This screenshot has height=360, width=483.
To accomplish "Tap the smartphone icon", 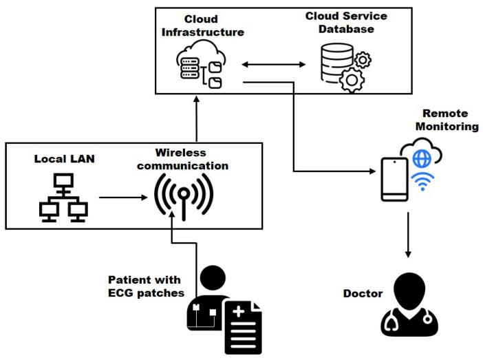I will pyautogui.click(x=394, y=179).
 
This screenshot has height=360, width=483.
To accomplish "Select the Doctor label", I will pyautogui.click(x=363, y=294).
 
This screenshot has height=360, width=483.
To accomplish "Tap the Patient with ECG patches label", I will pyautogui.click(x=144, y=286).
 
